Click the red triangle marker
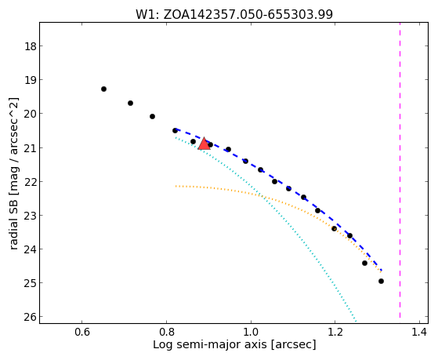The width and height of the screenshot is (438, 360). coord(204,144)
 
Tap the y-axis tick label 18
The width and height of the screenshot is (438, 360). coord(31,46)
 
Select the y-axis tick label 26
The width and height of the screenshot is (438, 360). coord(31,317)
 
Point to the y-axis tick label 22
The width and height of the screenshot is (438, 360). coord(31,181)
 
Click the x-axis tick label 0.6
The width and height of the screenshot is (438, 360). coord(81,332)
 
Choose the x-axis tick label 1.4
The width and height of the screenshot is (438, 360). coord(419,332)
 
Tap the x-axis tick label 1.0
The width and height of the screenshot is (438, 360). coord(251,332)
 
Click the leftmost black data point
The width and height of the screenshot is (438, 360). coord(103,89)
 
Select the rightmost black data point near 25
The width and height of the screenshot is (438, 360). coord(381,281)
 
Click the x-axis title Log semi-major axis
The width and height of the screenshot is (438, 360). coord(210,345)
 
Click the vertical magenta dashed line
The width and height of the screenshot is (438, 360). coord(400,170)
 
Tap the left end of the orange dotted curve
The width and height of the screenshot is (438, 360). coord(176,186)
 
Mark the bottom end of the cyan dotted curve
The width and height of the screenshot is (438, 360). coord(356,322)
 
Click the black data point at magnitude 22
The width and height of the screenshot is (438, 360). coord(274,181)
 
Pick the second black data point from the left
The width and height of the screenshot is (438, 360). coord(130,104)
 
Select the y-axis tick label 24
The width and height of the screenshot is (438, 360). coord(31,249)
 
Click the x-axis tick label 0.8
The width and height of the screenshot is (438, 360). coord(166,332)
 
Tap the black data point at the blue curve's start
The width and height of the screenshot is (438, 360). coord(176,131)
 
